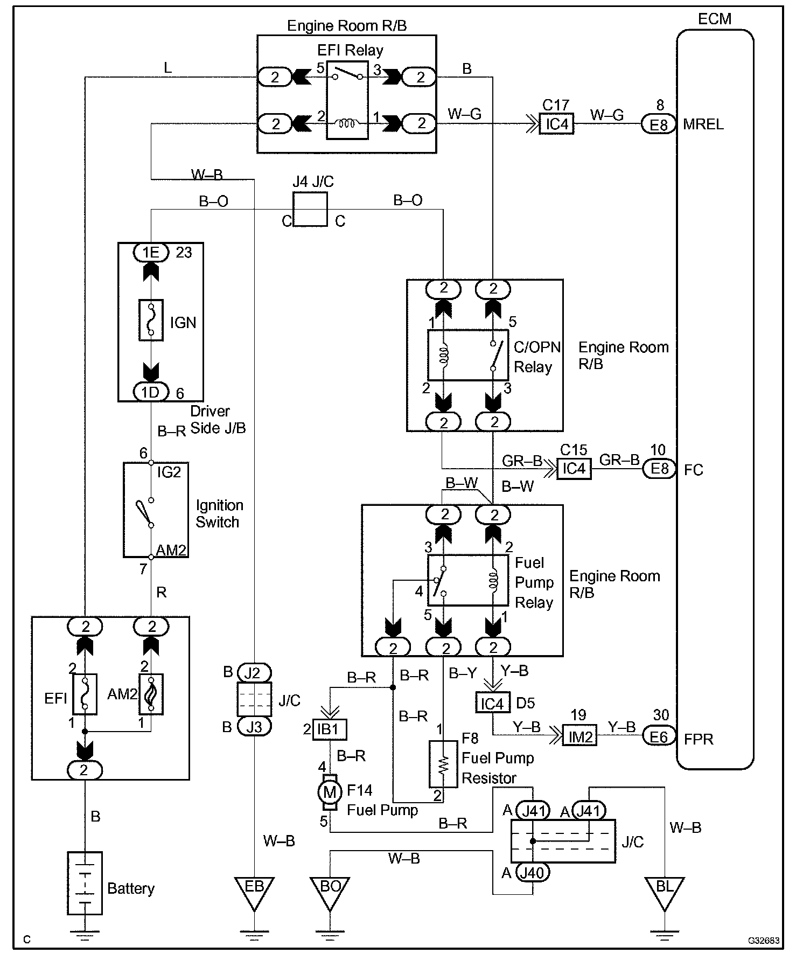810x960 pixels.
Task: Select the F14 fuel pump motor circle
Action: (330, 792)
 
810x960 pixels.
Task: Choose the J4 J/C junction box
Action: (310, 209)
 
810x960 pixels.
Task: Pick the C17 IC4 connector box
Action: (556, 124)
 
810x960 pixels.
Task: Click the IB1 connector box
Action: (330, 729)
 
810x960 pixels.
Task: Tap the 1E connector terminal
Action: (151, 252)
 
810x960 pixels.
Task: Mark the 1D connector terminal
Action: (151, 392)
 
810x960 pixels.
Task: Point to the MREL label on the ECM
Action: (703, 124)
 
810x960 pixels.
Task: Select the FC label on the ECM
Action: (694, 470)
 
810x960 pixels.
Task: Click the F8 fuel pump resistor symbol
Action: (443, 764)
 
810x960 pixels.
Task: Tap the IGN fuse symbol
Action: (151, 320)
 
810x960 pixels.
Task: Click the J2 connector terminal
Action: (254, 673)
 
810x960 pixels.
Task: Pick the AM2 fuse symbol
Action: (151, 694)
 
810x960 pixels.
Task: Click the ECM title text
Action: (715, 19)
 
